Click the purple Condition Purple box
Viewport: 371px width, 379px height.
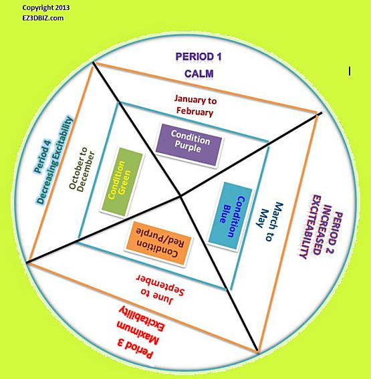(x=189, y=145)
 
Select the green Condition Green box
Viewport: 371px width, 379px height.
(x=122, y=182)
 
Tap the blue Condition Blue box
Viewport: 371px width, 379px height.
(x=230, y=216)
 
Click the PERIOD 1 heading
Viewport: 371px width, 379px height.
(x=199, y=57)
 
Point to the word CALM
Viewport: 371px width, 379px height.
(x=199, y=74)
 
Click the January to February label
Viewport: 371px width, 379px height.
(x=195, y=106)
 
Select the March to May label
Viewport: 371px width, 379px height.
(x=269, y=221)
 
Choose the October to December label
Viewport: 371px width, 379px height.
(x=82, y=168)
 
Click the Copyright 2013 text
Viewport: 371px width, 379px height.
(x=46, y=8)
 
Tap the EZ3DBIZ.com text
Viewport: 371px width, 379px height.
(x=43, y=18)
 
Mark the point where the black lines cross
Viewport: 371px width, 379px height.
(x=180, y=196)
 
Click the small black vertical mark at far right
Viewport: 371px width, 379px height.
(x=349, y=72)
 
